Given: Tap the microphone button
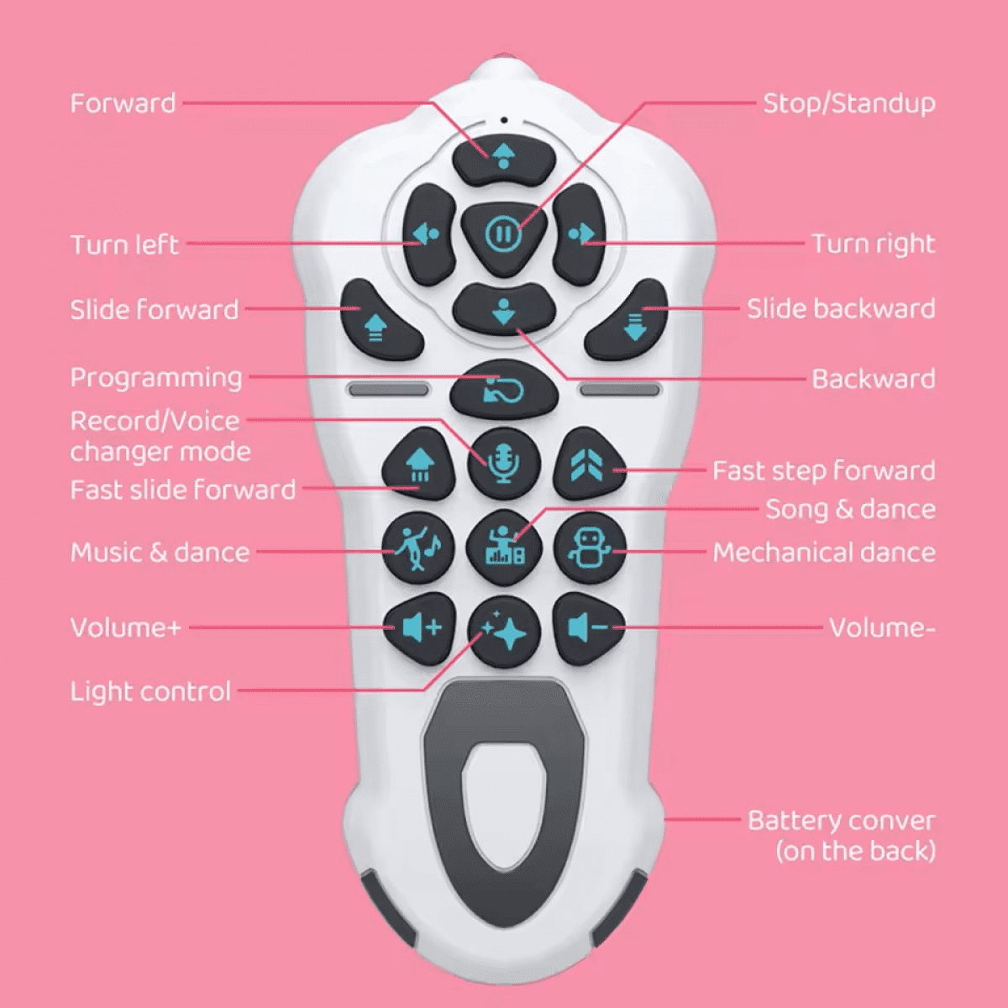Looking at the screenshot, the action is click(503, 464).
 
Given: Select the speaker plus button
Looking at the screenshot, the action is click(419, 627).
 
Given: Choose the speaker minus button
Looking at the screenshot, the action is click(589, 627).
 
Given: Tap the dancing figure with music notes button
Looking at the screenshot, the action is click(418, 549).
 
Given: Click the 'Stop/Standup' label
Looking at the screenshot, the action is click(849, 104).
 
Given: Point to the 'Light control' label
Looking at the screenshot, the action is click(150, 691).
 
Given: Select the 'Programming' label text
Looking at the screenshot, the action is click(156, 379).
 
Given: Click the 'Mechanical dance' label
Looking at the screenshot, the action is click(824, 553).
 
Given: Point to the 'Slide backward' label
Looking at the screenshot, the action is click(841, 308).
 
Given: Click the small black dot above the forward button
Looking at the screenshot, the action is click(504, 120).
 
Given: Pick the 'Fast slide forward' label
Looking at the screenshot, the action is click(182, 490).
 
